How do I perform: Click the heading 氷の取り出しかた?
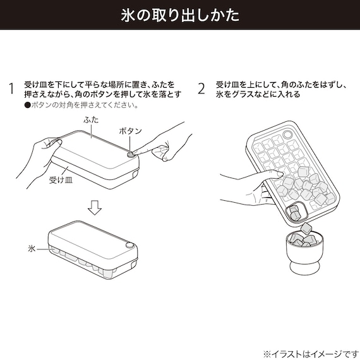(180, 15)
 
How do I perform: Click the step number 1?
(11, 88)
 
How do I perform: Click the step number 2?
(201, 88)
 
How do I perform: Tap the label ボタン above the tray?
(130, 130)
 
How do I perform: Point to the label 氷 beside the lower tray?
(31, 249)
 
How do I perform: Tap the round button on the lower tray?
(129, 245)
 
